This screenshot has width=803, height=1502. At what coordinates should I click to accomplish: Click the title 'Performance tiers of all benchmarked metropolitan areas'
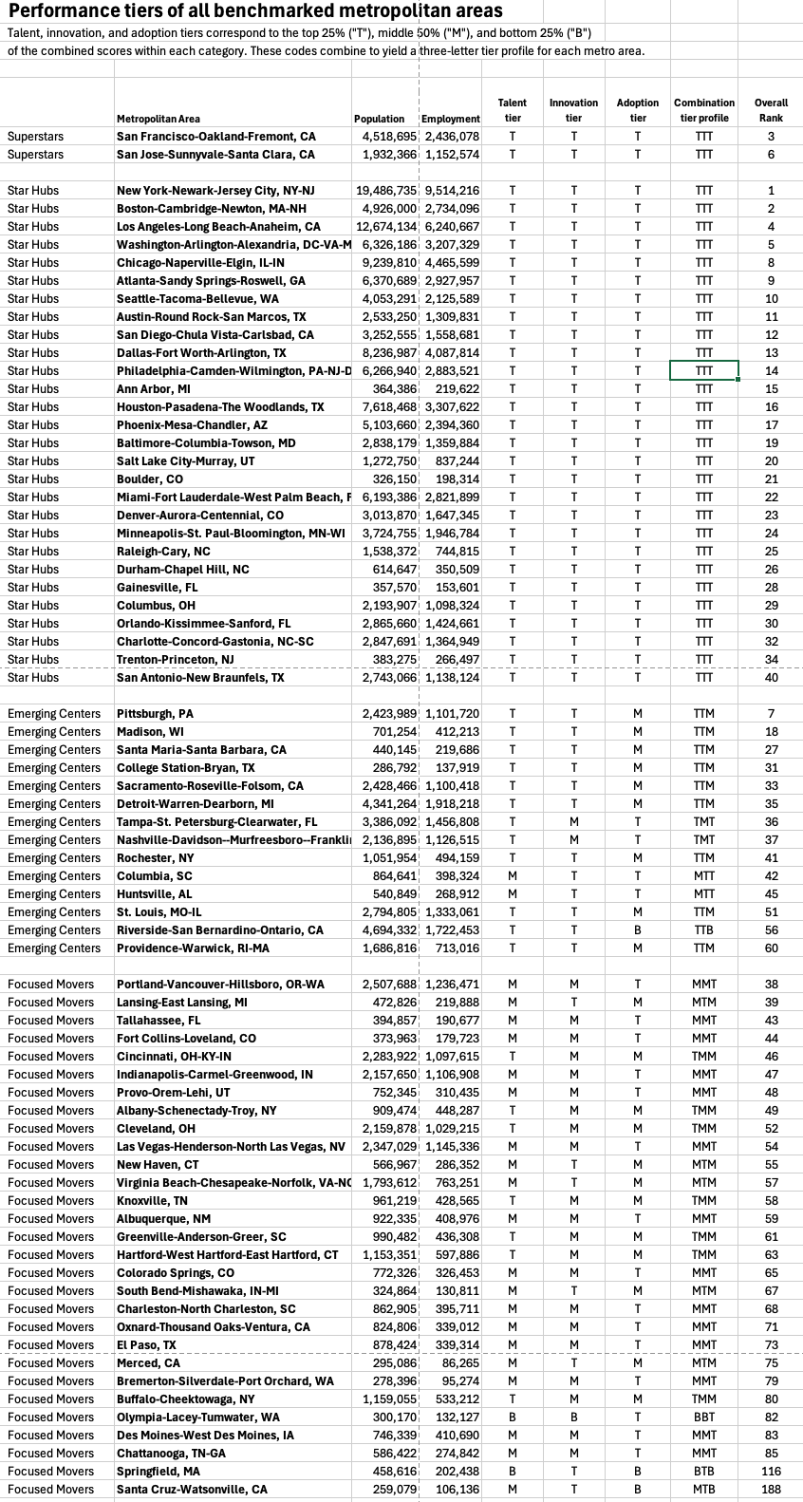(x=255, y=12)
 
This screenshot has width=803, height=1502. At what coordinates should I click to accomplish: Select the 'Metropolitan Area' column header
(x=159, y=119)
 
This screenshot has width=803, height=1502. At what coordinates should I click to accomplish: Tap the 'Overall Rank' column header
(x=771, y=110)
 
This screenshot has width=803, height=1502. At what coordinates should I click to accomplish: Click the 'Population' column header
(x=379, y=119)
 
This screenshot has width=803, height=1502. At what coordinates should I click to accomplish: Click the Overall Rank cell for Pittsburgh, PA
(x=771, y=714)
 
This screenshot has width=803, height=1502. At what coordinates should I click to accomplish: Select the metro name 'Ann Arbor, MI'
(x=154, y=389)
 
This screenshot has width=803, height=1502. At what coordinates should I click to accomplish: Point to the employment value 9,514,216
(x=452, y=191)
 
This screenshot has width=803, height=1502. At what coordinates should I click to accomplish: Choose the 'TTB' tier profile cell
(x=703, y=930)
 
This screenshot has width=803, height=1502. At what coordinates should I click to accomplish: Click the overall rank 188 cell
(x=771, y=1490)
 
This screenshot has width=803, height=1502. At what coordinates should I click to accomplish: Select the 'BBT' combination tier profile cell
(x=703, y=1418)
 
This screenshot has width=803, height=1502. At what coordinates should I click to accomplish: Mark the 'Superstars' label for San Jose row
(x=36, y=155)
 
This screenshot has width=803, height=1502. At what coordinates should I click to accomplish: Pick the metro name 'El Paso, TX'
(x=146, y=1345)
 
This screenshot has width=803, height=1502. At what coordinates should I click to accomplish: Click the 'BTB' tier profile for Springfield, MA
(x=703, y=1472)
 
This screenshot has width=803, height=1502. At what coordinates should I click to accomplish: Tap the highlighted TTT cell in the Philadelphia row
(x=703, y=371)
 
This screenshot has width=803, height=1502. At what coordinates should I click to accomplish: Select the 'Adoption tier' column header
(x=637, y=110)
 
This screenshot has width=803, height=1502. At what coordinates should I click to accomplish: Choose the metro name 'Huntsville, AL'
(x=155, y=894)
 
